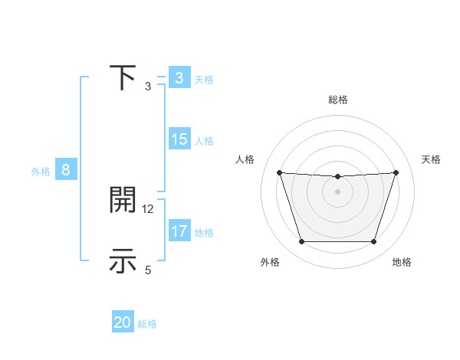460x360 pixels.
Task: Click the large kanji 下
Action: [x=123, y=78]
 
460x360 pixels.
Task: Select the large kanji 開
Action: [x=123, y=201]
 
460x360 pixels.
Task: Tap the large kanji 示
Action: [x=123, y=261]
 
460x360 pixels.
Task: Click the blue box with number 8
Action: [x=66, y=170]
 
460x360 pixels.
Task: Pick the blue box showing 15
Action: [x=179, y=139]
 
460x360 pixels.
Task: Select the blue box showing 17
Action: [x=179, y=231]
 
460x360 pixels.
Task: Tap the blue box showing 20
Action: [x=123, y=322]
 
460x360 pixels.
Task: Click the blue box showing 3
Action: [x=179, y=78]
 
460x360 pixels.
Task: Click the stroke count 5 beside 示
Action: [x=149, y=270]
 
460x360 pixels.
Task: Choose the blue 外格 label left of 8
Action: [x=41, y=172]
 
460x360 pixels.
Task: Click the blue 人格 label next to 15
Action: [x=204, y=141]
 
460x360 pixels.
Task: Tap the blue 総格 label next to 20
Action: [x=147, y=324]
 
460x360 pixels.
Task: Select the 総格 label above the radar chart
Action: [x=337, y=100]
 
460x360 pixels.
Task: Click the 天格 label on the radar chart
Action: [x=431, y=159]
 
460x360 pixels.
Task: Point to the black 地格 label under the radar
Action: [x=402, y=263]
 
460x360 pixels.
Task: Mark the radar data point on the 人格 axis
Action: [x=279, y=172]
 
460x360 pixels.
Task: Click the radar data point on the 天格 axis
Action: [x=396, y=172]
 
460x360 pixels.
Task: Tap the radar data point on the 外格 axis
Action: [x=301, y=242]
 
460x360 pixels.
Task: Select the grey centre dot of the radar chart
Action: [x=337, y=191]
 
